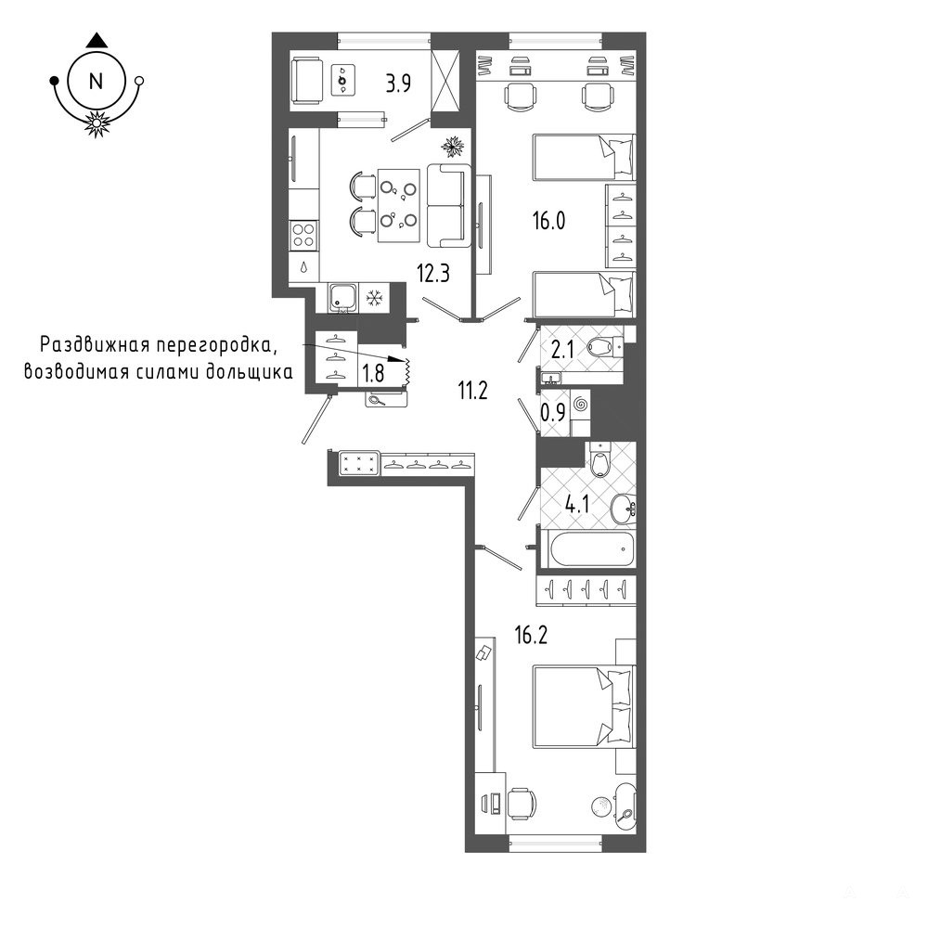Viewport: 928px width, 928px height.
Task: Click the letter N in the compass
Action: tap(96, 81)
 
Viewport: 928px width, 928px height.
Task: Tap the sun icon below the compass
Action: tap(96, 123)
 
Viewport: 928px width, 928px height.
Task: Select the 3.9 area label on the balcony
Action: tap(398, 84)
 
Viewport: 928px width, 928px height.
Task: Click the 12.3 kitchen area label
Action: tap(433, 274)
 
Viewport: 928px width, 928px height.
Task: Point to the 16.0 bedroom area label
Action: tap(548, 221)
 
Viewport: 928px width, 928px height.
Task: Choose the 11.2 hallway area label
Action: tap(472, 390)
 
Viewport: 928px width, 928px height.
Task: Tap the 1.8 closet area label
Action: tap(373, 373)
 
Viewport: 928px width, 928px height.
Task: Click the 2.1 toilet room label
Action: tap(562, 351)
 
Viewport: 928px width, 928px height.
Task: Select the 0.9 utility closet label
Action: tap(553, 412)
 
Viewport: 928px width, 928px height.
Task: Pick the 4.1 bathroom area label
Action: tap(577, 506)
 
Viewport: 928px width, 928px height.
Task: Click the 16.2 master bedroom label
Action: tap(531, 635)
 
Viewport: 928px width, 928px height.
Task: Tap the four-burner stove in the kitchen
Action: tap(303, 235)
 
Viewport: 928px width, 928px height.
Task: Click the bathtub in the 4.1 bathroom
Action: tap(592, 548)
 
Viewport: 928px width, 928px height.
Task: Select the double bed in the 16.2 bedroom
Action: tap(584, 706)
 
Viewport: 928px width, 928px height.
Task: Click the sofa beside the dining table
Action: tap(449, 205)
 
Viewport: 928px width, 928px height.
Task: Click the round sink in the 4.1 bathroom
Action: tap(624, 509)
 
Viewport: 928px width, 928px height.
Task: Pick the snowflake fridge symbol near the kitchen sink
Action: tap(373, 298)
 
